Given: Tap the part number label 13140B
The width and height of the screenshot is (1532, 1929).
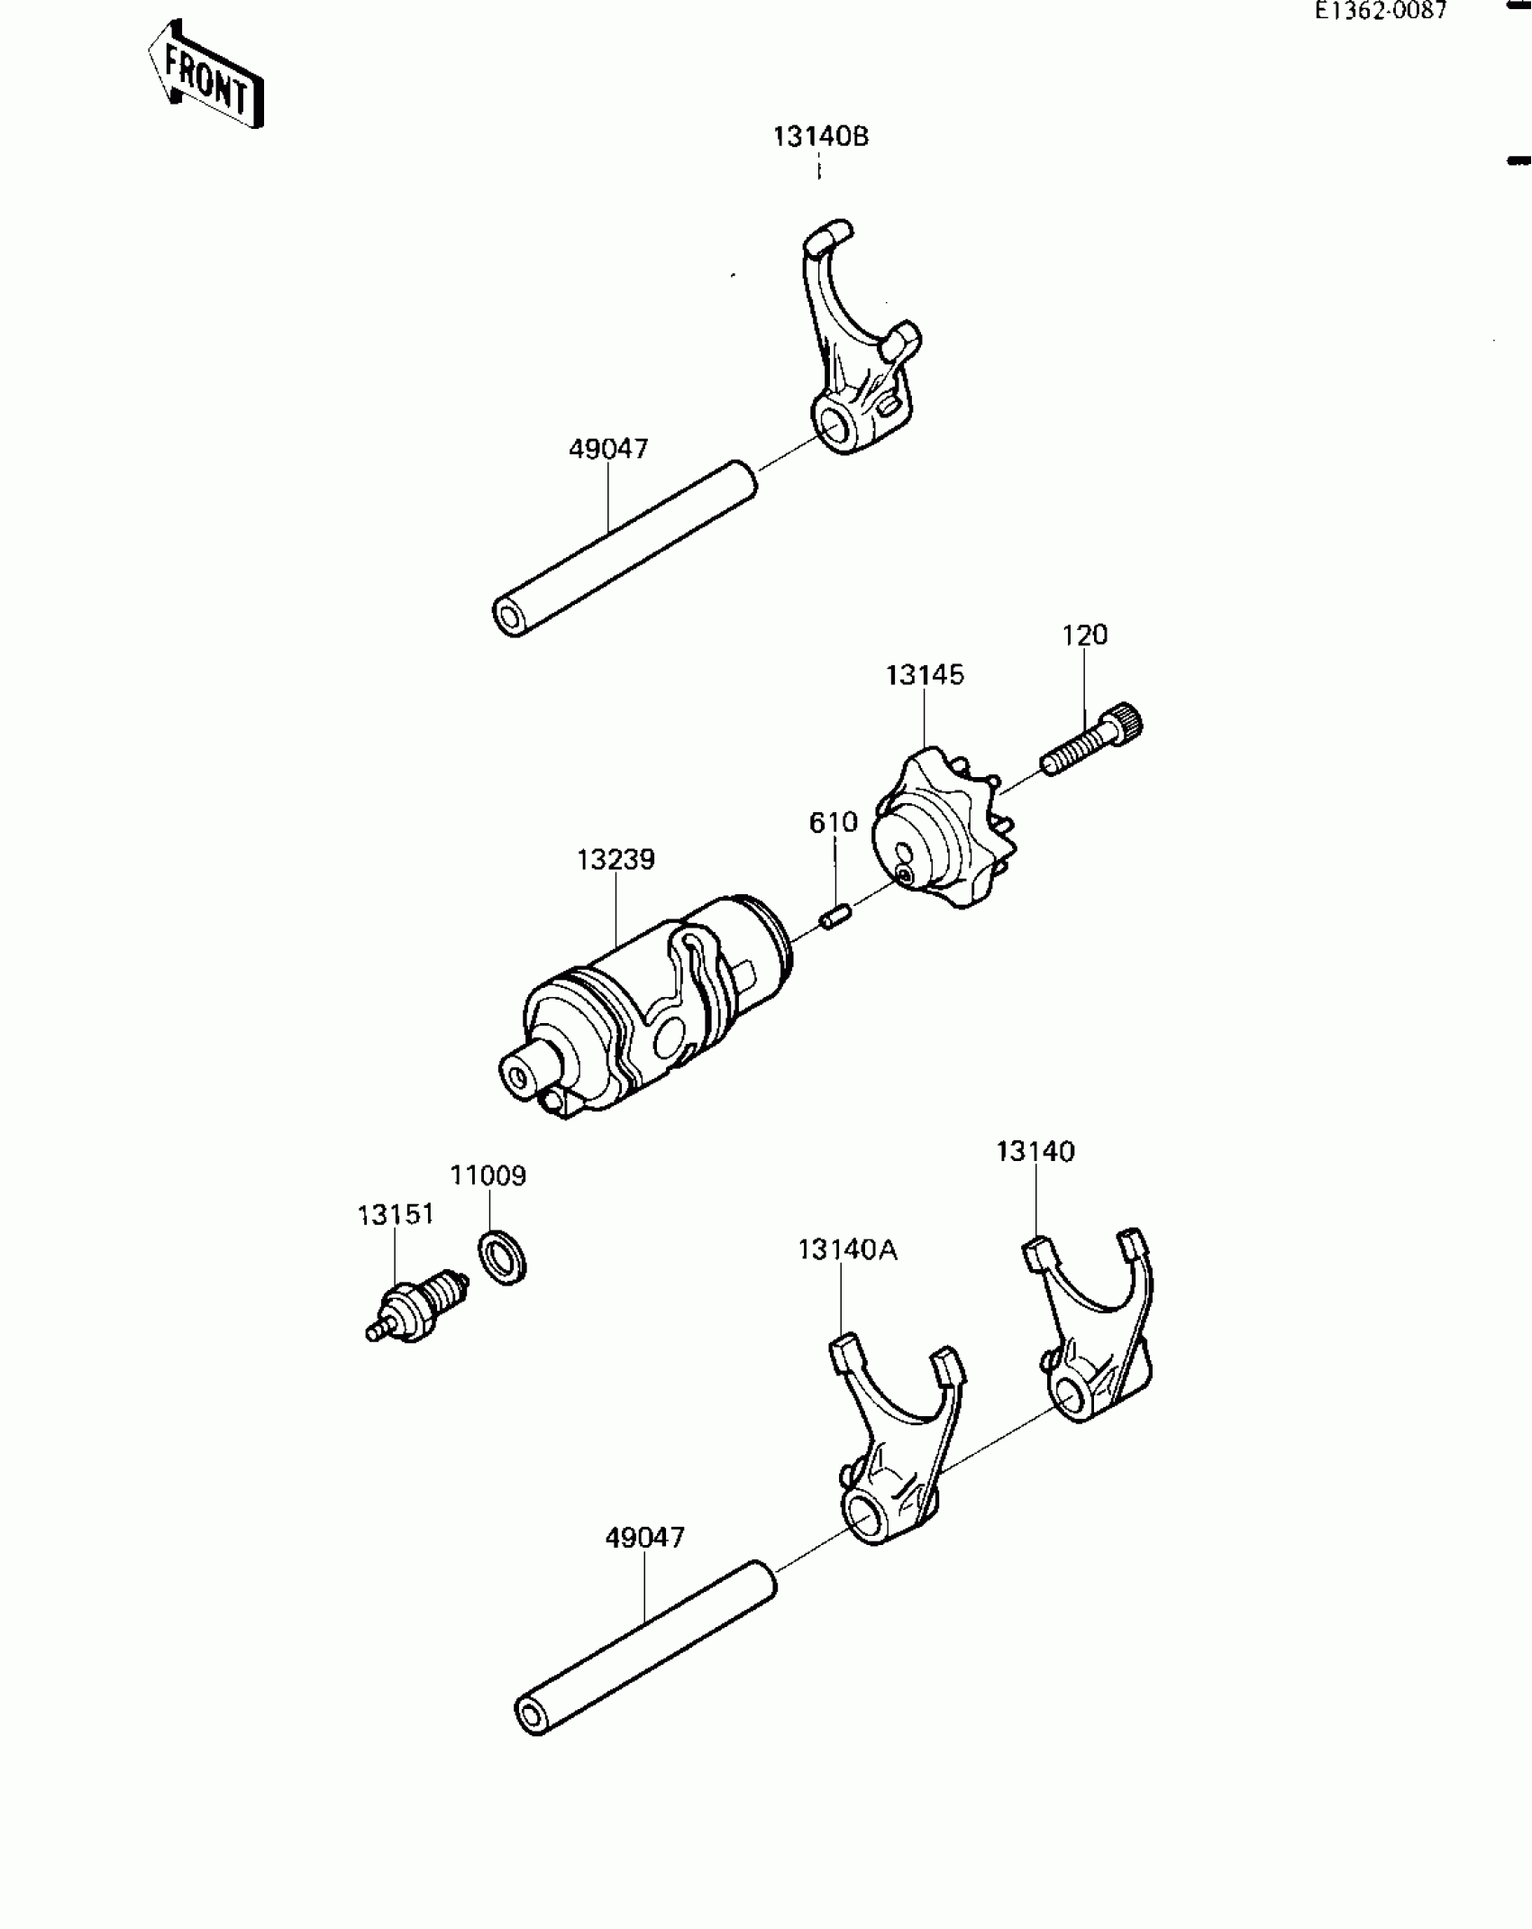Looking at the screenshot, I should [x=820, y=137].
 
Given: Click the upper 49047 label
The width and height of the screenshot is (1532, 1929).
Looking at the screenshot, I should [x=608, y=449].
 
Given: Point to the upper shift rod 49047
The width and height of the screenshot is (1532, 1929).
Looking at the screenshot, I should [x=625, y=548].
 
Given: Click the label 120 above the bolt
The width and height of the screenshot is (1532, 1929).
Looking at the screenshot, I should [x=1084, y=635].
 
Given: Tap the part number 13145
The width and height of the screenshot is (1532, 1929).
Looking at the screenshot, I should [x=925, y=675].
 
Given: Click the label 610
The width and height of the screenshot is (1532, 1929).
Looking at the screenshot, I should [x=833, y=823].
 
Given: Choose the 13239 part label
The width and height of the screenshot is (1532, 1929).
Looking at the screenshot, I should [x=616, y=860].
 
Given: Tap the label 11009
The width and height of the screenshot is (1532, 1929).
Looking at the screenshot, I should [x=488, y=1176].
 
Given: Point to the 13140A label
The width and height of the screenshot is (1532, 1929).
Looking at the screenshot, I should [x=847, y=1250].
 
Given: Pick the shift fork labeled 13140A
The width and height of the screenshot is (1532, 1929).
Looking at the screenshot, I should [x=892, y=1442].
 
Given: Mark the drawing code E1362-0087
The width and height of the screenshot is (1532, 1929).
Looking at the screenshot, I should [x=1380, y=11].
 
